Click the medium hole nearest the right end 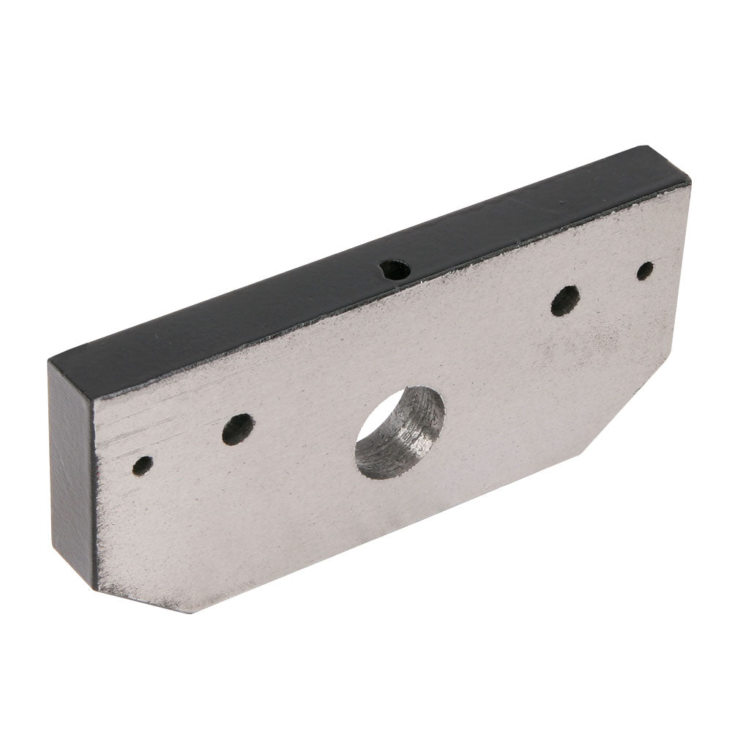click(x=564, y=300)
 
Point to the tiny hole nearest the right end click(x=645, y=271)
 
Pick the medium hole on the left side click(x=237, y=430)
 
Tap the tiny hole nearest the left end click(x=143, y=465)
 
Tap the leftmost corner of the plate click(x=49, y=360)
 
